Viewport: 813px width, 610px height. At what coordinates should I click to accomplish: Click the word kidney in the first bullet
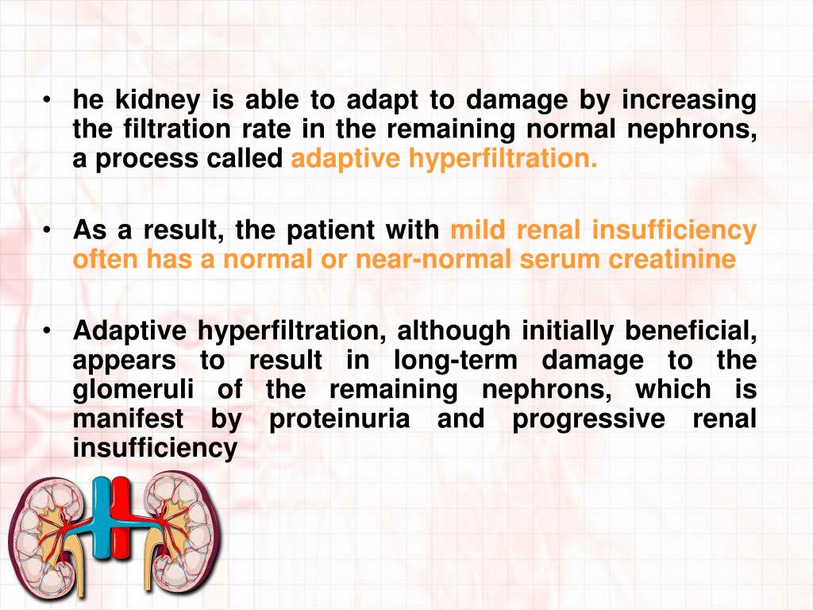[155, 101]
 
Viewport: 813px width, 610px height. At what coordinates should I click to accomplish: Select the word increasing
[688, 101]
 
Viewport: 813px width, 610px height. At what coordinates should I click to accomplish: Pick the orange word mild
[476, 230]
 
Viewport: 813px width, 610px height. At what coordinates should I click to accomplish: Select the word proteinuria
[340, 419]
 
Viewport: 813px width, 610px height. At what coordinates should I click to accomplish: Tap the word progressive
[589, 419]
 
